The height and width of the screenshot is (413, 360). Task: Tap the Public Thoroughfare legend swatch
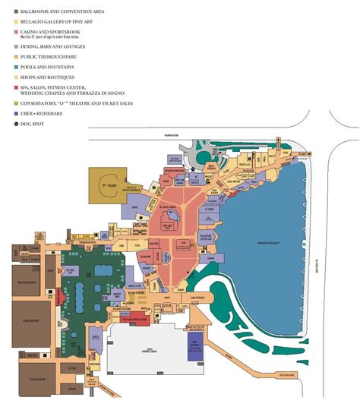(6, 55)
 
